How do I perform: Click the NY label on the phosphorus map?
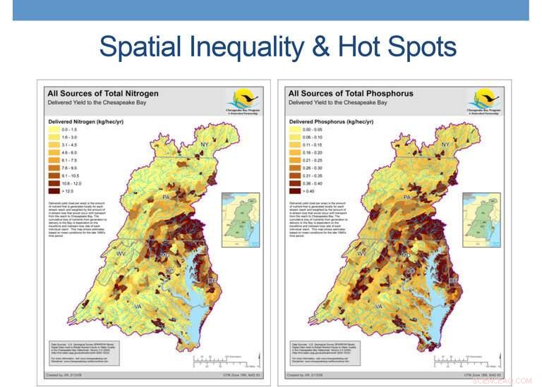tap(445, 145)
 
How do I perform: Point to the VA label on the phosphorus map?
tap(379, 307)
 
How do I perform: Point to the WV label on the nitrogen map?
tap(121, 252)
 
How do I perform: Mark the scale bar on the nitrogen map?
tap(224, 362)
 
